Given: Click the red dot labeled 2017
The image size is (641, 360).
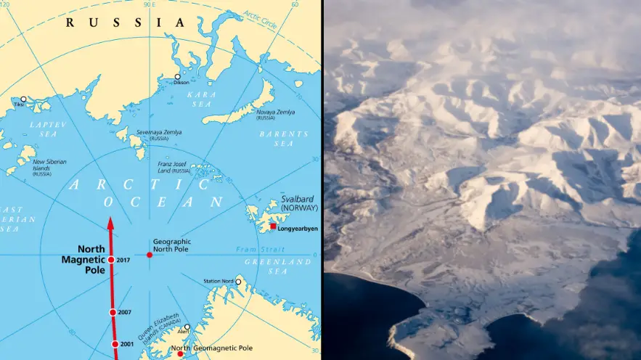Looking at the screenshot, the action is coord(110,259).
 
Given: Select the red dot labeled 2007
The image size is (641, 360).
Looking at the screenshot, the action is coord(113,312).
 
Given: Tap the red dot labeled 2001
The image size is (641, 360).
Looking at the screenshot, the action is coord(115,344).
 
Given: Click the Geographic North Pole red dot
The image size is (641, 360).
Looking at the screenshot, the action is coord(150,254).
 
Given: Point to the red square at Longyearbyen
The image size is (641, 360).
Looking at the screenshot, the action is coord(273,226).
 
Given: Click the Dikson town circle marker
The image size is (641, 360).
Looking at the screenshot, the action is coord(177,76).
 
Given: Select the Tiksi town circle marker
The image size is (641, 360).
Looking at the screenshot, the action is coord(23,99).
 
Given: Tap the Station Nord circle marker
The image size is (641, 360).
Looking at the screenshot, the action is coord(238,282).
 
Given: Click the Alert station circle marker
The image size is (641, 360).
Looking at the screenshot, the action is coord(187,327).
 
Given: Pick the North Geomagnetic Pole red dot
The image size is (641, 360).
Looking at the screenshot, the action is coord(180,354).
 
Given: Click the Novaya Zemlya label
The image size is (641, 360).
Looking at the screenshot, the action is coord(276,112).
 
